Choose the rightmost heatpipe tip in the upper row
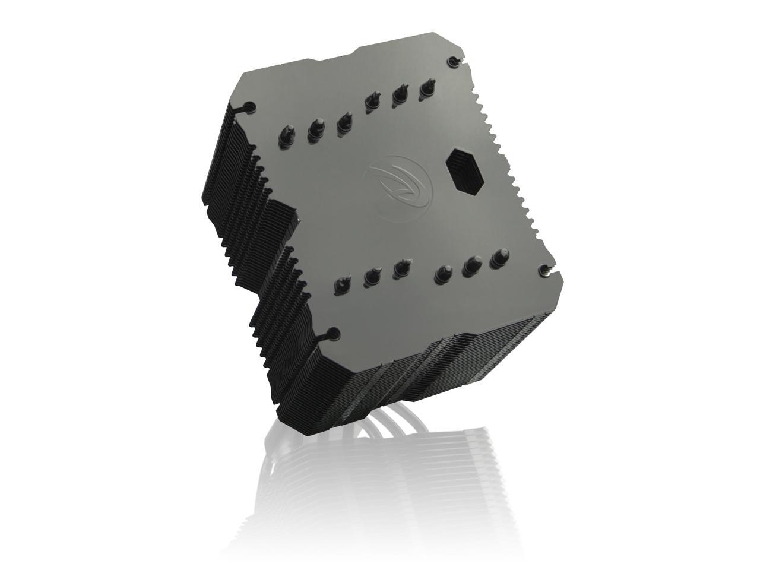[426, 87]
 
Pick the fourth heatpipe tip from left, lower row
[442, 273]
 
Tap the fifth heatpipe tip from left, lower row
[471, 265]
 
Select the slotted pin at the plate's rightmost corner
[544, 270]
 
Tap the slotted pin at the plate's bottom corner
[332, 334]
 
